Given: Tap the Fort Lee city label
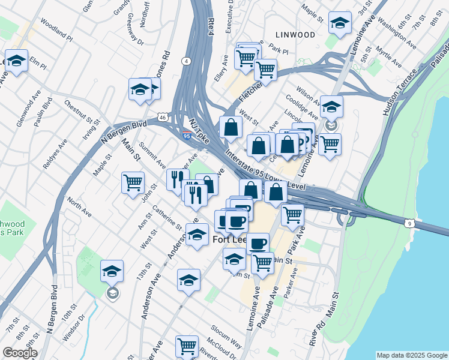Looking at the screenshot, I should [229, 239].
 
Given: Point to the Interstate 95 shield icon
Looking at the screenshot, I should [188, 137].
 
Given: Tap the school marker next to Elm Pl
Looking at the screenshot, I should [16, 61].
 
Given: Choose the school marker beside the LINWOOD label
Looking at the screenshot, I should [340, 24].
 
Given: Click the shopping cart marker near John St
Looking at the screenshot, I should [133, 182].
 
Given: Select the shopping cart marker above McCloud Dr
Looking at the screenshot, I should [187, 346].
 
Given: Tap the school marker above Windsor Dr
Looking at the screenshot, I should [112, 271].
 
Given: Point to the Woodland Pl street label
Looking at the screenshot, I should [57, 37].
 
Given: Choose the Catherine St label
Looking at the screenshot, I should [167, 218].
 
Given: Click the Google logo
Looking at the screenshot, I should [20, 353].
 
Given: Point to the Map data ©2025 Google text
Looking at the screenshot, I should [412, 355].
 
